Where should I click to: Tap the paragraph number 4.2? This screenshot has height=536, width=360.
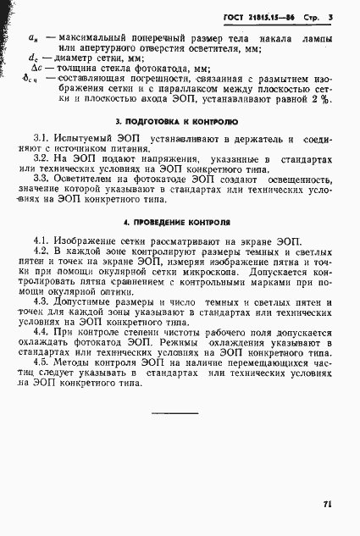[x=41, y=252]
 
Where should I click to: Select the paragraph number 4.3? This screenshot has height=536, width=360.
[x=41, y=301]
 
